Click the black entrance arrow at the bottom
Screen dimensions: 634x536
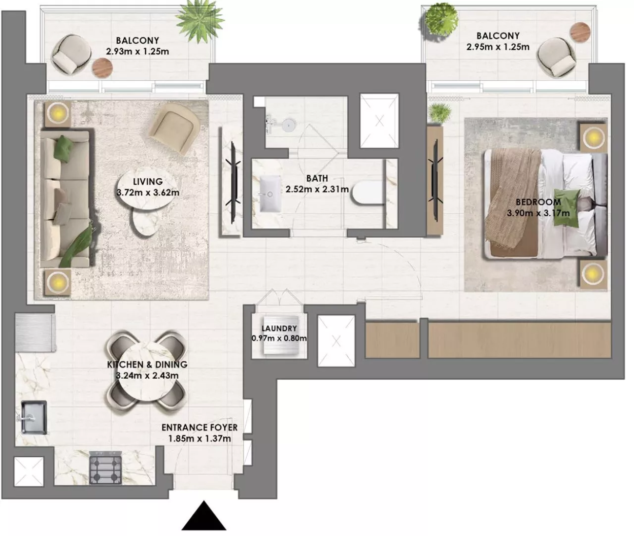click(204, 516)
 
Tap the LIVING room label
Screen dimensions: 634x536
click(148, 182)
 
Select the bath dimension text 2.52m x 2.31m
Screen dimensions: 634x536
click(317, 189)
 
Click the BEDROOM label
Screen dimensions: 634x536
click(538, 202)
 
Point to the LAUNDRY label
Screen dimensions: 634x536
click(279, 328)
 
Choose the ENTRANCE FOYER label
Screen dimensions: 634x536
click(199, 427)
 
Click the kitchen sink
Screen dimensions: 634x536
click(34, 417)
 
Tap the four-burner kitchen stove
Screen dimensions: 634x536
click(106, 468)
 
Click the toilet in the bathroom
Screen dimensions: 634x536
click(368, 193)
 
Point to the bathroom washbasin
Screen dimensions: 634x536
click(270, 194)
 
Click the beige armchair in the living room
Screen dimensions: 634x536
click(174, 128)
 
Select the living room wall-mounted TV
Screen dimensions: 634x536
click(233, 182)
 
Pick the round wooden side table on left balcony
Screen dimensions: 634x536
click(103, 68)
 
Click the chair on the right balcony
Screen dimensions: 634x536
click(556, 57)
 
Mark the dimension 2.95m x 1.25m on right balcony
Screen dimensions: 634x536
click(498, 47)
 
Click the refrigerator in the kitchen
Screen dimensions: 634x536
click(35, 332)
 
